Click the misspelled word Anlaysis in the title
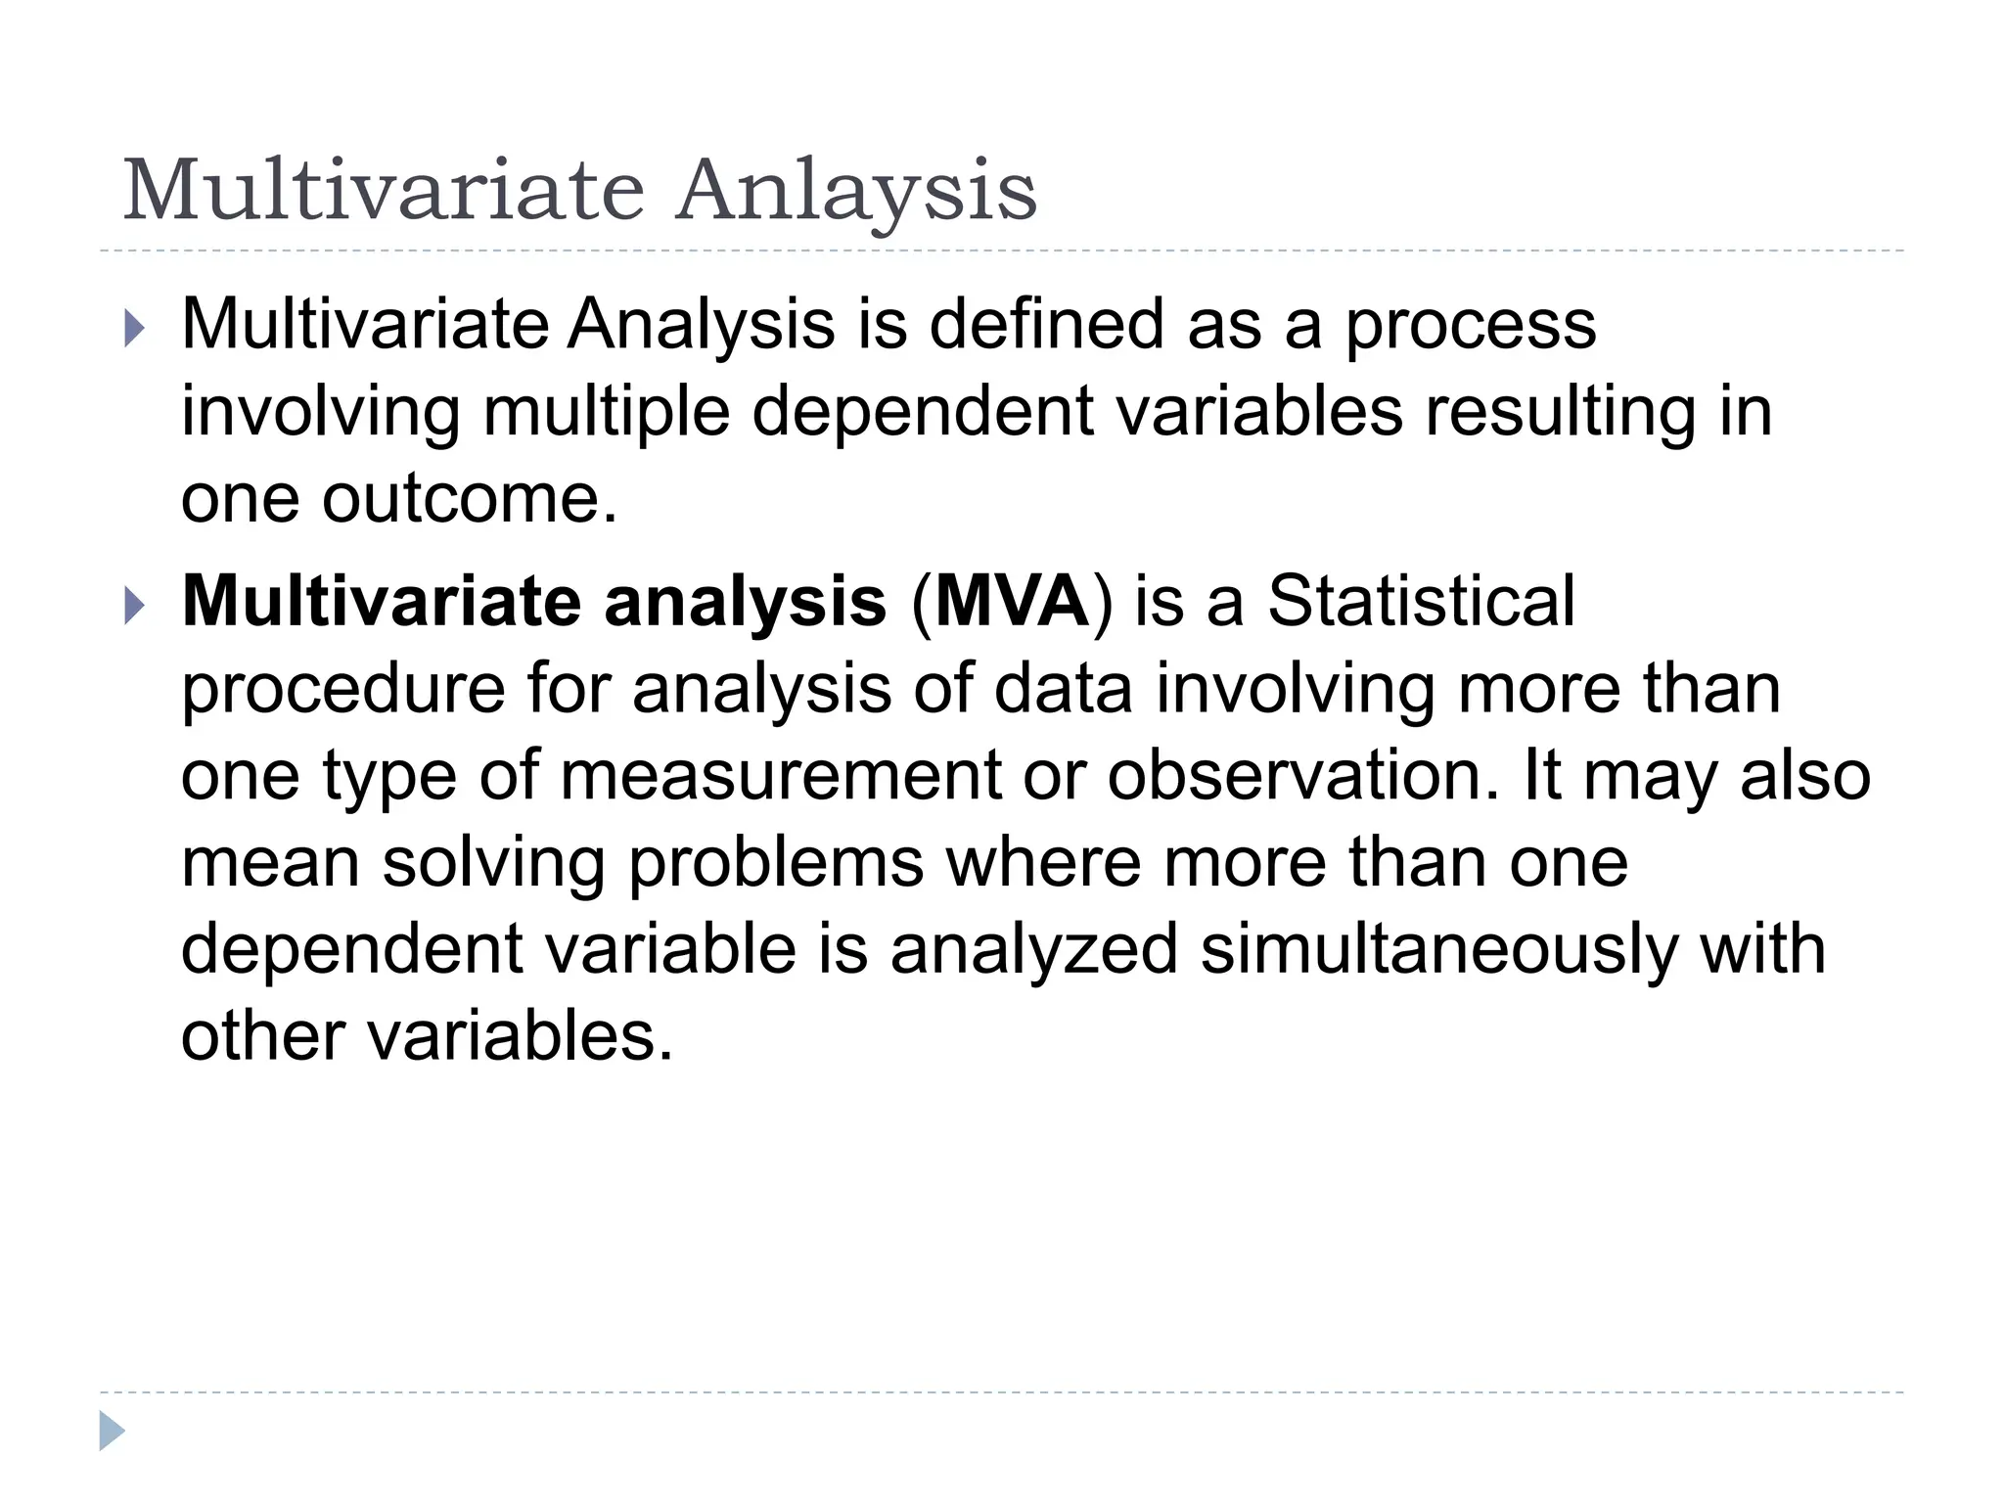pyautogui.click(x=856, y=191)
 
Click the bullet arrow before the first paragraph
pyautogui.click(x=135, y=329)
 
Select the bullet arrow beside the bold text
pyautogui.click(x=135, y=607)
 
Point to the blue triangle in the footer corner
pyautogui.click(x=112, y=1431)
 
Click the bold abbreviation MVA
pyautogui.click(x=1012, y=601)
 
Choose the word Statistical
pyautogui.click(x=1421, y=601)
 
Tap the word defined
pyautogui.click(x=1046, y=324)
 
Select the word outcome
pyautogui.click(x=470, y=498)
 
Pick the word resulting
pyautogui.click(x=1560, y=413)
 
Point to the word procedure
pyautogui.click(x=342, y=690)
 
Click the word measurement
pyautogui.click(x=781, y=776)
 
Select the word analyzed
pyautogui.click(x=1033, y=951)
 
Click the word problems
pyautogui.click(x=776, y=864)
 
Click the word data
pyautogui.click(x=1063, y=690)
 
